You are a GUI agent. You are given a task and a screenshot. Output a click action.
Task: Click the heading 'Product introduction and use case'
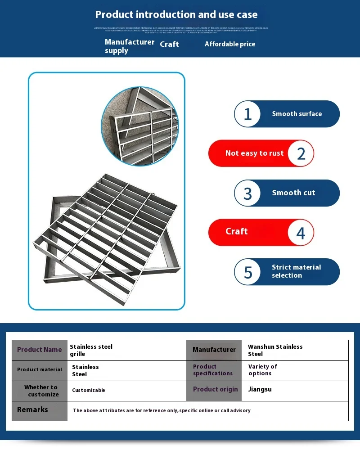click(x=176, y=14)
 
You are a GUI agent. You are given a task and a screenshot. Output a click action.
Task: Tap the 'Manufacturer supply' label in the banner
click(x=129, y=46)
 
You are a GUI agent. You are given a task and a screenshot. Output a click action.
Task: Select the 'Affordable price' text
click(x=230, y=44)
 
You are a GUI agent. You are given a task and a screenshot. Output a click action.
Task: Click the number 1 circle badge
click(x=247, y=114)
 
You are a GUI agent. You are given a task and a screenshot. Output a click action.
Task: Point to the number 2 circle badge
click(x=301, y=153)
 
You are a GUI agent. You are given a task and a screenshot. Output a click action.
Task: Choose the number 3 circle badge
click(x=247, y=193)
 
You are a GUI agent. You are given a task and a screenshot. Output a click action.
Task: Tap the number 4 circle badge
click(x=301, y=233)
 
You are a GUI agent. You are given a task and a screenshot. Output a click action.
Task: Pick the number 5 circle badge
click(x=248, y=272)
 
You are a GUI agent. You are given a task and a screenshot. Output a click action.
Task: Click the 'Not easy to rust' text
click(x=254, y=153)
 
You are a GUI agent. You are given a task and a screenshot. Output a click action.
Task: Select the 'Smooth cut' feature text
click(x=293, y=193)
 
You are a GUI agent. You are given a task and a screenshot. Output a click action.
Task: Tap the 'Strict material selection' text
click(x=296, y=271)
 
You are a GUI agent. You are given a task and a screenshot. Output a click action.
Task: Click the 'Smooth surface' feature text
click(x=297, y=114)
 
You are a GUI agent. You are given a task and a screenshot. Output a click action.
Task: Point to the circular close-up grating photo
click(x=140, y=127)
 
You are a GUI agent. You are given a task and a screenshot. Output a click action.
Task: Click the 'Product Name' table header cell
click(x=40, y=350)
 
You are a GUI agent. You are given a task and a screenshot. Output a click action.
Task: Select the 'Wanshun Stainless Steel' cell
click(x=275, y=350)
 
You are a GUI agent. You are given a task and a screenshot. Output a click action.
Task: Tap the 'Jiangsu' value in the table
click(x=260, y=389)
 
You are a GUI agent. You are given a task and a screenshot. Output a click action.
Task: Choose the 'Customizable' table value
click(x=89, y=390)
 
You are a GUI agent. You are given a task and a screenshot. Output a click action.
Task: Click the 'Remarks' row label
click(x=32, y=410)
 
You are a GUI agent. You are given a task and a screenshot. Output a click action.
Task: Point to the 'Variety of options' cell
click(x=262, y=370)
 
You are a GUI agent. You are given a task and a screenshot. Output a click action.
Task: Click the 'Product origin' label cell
click(x=215, y=390)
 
